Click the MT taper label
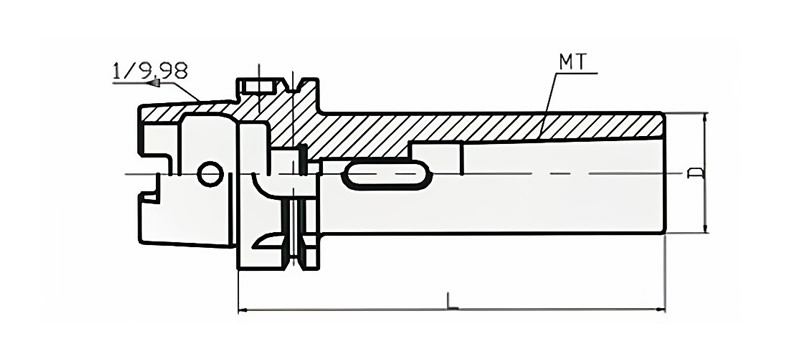point(573,62)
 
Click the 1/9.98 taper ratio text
point(150,71)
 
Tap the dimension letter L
point(452,301)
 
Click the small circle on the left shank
point(210,174)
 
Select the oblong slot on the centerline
point(386,174)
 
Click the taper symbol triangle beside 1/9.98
point(153,82)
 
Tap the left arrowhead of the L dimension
point(244,309)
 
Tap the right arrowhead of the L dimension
point(660,309)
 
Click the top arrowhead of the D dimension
point(705,118)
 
